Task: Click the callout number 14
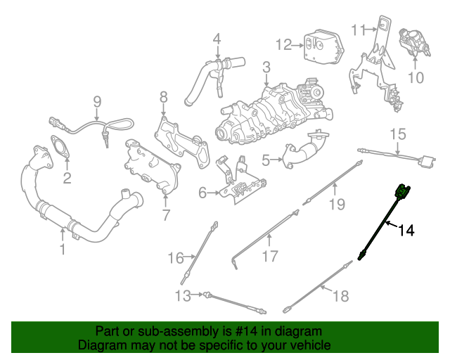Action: [407, 230]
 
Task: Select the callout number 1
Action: [62, 249]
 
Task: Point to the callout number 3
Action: [266, 67]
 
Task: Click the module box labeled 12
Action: [321, 46]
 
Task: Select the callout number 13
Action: [182, 296]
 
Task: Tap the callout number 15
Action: [398, 134]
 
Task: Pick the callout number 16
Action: [175, 258]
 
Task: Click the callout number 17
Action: [270, 256]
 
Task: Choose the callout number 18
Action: [340, 296]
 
